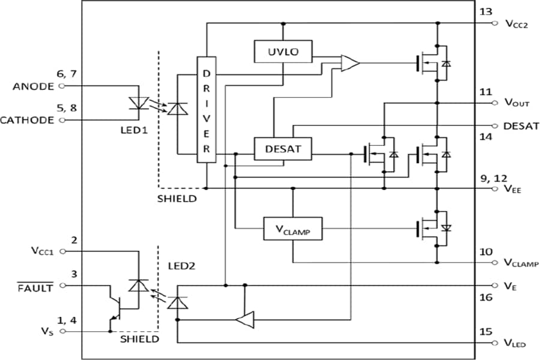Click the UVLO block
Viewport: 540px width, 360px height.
(x=282, y=52)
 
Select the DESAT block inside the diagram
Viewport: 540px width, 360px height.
(x=282, y=148)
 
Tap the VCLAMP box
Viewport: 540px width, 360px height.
(x=292, y=229)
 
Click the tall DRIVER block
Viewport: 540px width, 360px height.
(x=206, y=110)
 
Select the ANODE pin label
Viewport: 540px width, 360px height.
(x=33, y=86)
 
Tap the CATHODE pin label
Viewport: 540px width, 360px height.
(x=27, y=120)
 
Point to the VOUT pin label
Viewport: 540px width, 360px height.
(x=516, y=103)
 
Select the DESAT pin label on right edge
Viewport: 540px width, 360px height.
(x=521, y=126)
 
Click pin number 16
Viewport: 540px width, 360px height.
(x=485, y=298)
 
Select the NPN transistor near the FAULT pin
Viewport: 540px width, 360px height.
(x=115, y=308)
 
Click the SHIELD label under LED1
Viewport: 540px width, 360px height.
(x=178, y=198)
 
